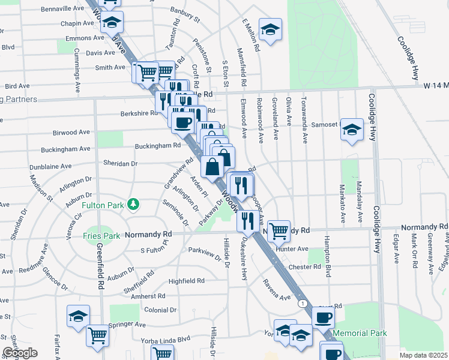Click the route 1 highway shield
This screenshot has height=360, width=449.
(303, 304)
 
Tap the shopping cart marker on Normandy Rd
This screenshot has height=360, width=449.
(278, 230)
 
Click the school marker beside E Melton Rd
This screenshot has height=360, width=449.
(271, 31)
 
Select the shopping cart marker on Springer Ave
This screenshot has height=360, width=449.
(97, 336)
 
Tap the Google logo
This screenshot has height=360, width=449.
(20, 353)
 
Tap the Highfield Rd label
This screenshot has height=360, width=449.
(187, 280)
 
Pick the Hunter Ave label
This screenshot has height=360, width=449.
(292, 249)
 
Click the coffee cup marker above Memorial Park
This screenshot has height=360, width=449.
(323, 317)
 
